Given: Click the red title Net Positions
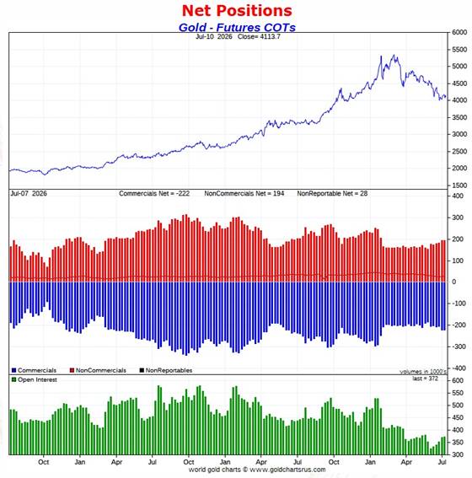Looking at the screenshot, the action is (x=237, y=11).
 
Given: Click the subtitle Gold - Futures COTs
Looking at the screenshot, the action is (x=237, y=28).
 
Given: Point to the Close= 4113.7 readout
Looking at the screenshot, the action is (x=259, y=36).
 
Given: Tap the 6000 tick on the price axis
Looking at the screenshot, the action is (x=459, y=32).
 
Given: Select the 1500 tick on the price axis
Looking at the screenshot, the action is (x=459, y=185).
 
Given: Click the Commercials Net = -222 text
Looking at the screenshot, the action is (x=154, y=194).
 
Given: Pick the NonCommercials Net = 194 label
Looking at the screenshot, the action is (x=244, y=194).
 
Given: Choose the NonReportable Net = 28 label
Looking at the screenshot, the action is (x=332, y=194).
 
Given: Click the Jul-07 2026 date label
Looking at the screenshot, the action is (x=29, y=194).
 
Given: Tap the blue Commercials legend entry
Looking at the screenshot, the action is (x=34, y=370).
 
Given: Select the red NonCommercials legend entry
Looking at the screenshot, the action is (x=98, y=370).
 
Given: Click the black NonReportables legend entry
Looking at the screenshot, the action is (x=166, y=370).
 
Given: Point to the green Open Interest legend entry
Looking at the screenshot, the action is (x=34, y=380).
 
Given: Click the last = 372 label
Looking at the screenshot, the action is (x=425, y=379).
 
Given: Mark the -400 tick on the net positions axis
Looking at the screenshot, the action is (x=458, y=368).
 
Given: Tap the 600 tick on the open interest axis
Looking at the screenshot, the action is (x=458, y=381).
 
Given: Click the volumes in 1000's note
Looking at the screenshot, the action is (x=423, y=372).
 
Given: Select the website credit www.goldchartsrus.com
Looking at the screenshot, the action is (x=287, y=470).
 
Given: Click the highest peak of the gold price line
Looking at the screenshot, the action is (x=394, y=55).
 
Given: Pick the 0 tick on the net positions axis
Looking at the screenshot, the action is (x=454, y=282).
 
